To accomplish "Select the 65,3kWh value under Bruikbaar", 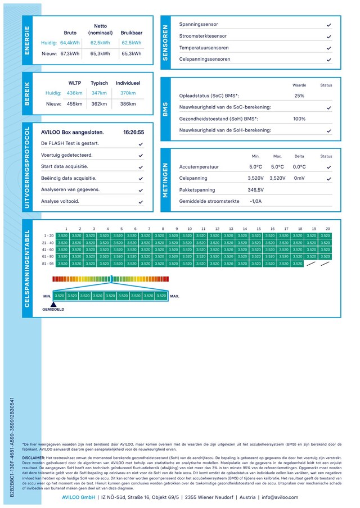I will (x=131, y=54).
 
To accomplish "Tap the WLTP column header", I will (x=74, y=83).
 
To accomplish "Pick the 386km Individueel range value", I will (x=128, y=104).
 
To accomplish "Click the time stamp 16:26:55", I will (x=133, y=133).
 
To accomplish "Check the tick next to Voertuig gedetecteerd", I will (x=141, y=155).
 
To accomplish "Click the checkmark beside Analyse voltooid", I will (x=141, y=201).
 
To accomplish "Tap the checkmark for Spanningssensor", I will (x=328, y=25).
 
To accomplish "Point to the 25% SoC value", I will (x=299, y=96).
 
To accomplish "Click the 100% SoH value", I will (x=299, y=119).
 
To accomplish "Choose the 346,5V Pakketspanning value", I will (x=255, y=190).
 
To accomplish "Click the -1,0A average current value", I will (x=255, y=201).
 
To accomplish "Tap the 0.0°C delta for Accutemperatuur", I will (x=299, y=167).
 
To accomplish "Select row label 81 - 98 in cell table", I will (x=48, y=263).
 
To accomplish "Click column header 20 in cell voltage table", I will (x=327, y=229).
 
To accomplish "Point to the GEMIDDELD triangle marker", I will (x=53, y=304).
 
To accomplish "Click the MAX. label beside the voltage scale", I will (x=175, y=296).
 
